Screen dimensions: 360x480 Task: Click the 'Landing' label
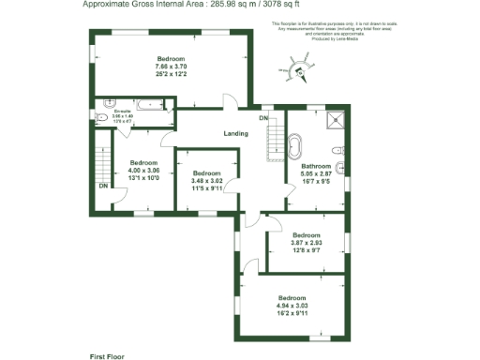point(235,133)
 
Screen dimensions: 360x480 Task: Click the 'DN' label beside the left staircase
point(101,185)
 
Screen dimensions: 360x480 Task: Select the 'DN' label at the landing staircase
point(263,118)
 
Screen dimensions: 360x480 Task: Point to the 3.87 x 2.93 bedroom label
point(306,241)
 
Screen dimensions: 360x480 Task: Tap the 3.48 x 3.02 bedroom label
point(206,179)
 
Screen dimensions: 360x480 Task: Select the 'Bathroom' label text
point(315,166)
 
